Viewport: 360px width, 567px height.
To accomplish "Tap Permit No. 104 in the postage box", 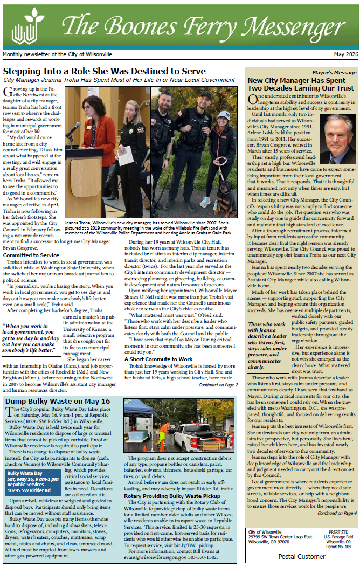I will (x=340, y=546).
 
